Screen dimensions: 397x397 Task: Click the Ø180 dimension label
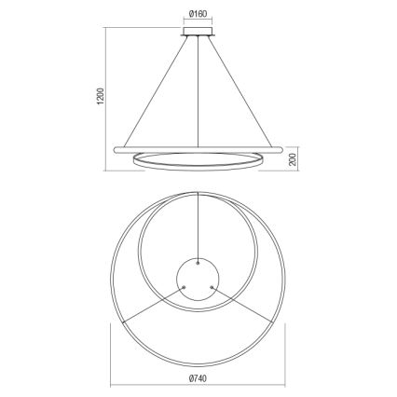point(198,14)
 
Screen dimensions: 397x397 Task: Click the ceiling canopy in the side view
point(198,34)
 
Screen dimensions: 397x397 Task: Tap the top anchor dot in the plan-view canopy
point(198,262)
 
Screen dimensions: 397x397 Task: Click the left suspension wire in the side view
point(154,92)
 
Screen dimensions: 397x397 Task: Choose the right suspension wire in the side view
point(241,92)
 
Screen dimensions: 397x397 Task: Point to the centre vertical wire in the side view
point(198,93)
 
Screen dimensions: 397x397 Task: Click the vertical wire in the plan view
point(198,224)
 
